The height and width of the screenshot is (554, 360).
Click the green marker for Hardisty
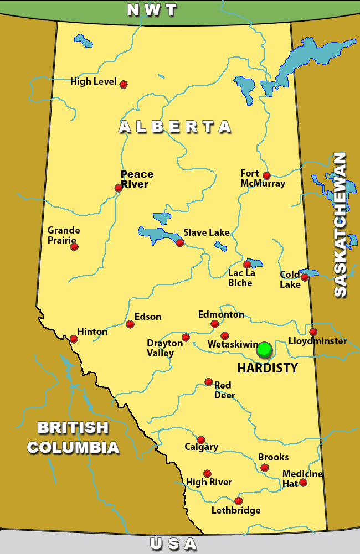[x=264, y=350]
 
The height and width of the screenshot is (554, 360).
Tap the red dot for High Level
[x=124, y=84]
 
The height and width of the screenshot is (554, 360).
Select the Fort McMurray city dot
[x=266, y=175]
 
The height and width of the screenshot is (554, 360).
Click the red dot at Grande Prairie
[x=74, y=246]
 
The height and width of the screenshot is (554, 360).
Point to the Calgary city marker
[x=201, y=440]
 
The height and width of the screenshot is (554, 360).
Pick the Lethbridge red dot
[x=238, y=501]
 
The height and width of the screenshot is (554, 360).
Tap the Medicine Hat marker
[x=303, y=483]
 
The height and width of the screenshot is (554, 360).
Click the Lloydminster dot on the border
[x=313, y=332]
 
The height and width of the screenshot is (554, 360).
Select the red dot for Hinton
[x=74, y=339]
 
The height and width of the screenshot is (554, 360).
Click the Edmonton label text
[x=221, y=314]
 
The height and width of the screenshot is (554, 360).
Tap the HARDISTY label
[x=268, y=368]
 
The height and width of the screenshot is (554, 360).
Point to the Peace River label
[x=136, y=179]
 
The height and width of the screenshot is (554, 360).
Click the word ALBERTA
[x=175, y=127]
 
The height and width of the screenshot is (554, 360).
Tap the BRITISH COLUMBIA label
[x=73, y=437]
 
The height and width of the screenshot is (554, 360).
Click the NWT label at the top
[x=152, y=9]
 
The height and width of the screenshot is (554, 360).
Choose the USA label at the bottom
[x=173, y=544]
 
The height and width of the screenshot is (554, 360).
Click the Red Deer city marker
[x=208, y=382]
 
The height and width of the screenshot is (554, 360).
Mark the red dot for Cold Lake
[x=304, y=277]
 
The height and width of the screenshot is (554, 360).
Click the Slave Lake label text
[x=206, y=232]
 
